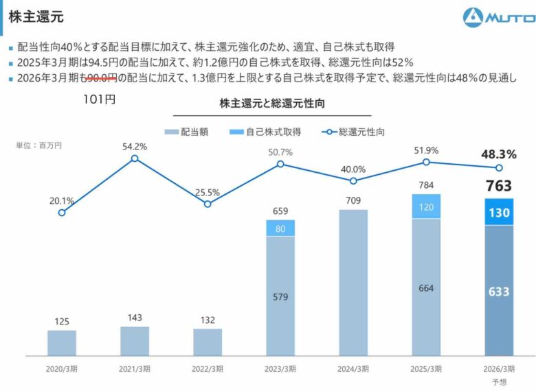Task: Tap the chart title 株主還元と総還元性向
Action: [x=271, y=104]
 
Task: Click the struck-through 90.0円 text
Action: [x=99, y=78]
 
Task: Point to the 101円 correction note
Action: [x=99, y=99]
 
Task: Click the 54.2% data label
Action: [x=135, y=146]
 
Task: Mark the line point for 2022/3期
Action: [x=208, y=204]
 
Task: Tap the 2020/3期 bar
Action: [x=62, y=342]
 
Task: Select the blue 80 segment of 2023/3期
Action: [x=280, y=228]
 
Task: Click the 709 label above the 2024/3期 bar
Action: [x=353, y=201]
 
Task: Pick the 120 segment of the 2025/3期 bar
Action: [x=426, y=207]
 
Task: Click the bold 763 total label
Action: [x=498, y=186]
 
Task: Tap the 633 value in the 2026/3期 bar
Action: [x=498, y=292]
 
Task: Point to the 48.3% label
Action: [x=498, y=154]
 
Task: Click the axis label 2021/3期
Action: [x=135, y=368]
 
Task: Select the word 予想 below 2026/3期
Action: [x=498, y=381]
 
